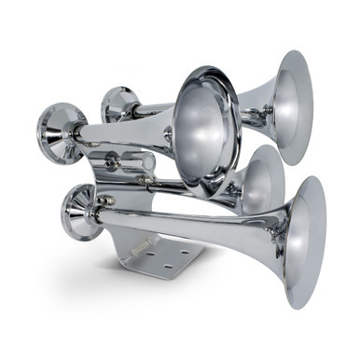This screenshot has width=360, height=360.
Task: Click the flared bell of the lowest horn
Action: pyautogui.click(x=306, y=241)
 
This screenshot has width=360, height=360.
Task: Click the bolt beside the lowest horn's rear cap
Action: pyautogui.click(x=106, y=200)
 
